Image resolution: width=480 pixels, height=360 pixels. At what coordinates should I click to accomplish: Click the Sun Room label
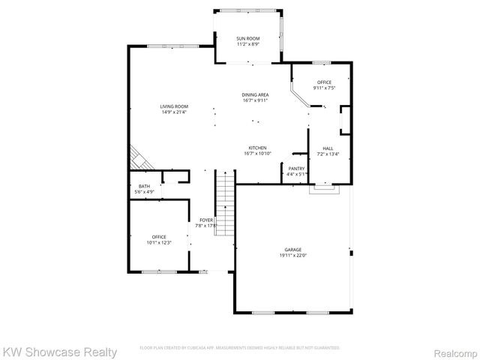tap(247, 37)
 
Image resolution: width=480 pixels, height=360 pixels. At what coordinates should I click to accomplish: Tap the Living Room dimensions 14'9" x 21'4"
tap(173, 112)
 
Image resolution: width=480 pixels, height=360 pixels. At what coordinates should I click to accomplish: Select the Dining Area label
tap(255, 94)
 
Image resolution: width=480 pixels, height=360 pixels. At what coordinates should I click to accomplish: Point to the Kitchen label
tap(256, 148)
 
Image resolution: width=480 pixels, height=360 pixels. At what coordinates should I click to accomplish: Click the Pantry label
tap(297, 169)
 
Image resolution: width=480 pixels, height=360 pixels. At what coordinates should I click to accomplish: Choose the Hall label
tap(328, 148)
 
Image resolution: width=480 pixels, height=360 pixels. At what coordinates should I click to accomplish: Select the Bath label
tap(144, 187)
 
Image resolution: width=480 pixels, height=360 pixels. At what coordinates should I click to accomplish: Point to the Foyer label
tap(205, 220)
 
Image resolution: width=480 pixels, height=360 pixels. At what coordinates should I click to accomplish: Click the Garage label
tap(292, 250)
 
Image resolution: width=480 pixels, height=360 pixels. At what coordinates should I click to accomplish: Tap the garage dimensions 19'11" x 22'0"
tap(292, 256)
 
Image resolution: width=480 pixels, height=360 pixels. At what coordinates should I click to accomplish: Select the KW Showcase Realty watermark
tap(60, 351)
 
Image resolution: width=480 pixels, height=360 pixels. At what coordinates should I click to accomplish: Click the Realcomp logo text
tap(451, 351)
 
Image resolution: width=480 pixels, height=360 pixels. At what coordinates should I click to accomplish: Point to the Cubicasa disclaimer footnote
tap(240, 348)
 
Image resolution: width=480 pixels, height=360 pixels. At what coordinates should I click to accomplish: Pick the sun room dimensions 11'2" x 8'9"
tap(247, 43)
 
